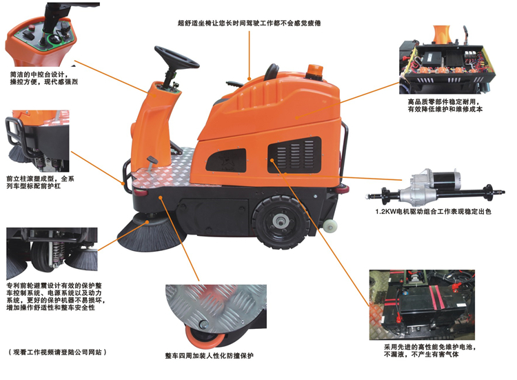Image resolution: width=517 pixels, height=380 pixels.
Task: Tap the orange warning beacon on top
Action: [x=314, y=71]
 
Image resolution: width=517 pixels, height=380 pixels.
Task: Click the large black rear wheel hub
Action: [x=281, y=221]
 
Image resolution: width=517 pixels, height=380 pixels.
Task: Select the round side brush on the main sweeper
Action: [x=150, y=232]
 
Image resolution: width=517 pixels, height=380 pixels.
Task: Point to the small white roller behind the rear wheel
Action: [x=330, y=225]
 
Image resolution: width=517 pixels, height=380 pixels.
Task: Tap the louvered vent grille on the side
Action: [x=294, y=154]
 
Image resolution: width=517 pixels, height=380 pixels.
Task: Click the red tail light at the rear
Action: [x=342, y=190]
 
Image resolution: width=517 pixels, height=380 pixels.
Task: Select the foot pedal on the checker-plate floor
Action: [x=152, y=161]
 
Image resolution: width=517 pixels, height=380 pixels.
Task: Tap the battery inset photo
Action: [x=422, y=305]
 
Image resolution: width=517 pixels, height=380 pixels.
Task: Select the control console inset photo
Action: [x=42, y=34]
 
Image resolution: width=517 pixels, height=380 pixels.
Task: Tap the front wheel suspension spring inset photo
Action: [x=52, y=249]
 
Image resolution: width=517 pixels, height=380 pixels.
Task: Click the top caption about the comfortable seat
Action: [x=250, y=23]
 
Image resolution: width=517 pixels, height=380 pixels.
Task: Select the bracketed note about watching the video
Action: [x=57, y=352]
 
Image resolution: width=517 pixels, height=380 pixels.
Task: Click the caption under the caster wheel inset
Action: [x=210, y=356]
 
